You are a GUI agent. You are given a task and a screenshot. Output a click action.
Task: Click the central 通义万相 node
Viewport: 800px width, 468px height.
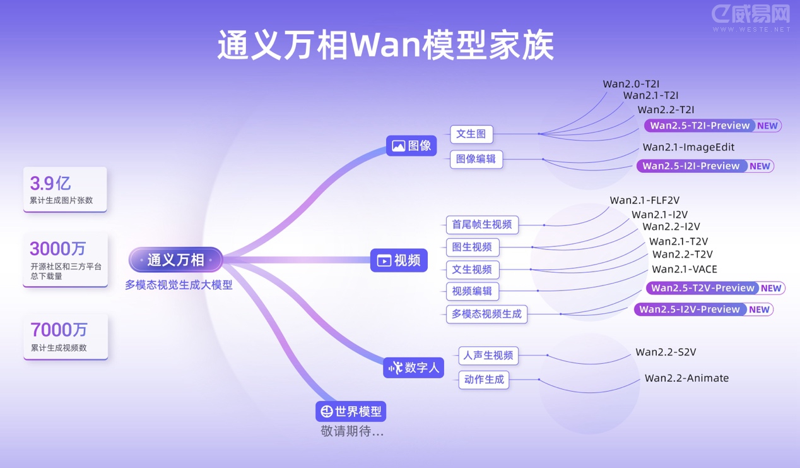tap(175, 260)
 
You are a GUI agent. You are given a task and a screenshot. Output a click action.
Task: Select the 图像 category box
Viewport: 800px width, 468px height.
tap(411, 146)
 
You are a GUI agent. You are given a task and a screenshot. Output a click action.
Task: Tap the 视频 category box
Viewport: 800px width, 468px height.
tap(399, 260)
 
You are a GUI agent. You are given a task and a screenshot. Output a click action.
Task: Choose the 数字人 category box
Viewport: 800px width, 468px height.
tap(414, 368)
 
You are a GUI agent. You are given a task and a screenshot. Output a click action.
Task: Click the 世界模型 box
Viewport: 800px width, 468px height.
tap(351, 411)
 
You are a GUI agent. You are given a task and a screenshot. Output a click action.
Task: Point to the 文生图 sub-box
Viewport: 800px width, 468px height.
tap(471, 134)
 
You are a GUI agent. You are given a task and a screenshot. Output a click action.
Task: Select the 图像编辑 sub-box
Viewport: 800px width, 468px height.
tap(476, 159)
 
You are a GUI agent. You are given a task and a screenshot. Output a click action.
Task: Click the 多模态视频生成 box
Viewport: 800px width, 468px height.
tap(486, 314)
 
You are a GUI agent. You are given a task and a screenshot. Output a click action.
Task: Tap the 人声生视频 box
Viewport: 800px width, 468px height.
tap(488, 356)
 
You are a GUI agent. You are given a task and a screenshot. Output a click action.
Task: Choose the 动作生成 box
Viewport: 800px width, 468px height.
tap(483, 380)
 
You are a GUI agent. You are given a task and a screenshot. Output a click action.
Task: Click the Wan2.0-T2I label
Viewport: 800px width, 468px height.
tap(631, 84)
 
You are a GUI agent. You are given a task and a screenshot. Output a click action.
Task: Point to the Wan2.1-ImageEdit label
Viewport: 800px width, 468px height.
tap(688, 147)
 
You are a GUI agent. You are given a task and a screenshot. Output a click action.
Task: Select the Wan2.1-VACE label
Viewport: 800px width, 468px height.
tap(685, 269)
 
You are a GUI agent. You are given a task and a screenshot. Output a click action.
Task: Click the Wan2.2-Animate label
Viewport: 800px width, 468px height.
tap(686, 378)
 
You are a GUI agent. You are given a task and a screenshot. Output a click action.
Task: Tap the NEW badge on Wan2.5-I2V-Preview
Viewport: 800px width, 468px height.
tap(759, 309)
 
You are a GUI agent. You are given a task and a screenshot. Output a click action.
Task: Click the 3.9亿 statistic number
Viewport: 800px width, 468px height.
tap(50, 184)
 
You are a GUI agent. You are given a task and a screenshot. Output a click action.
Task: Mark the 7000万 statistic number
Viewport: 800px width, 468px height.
tap(59, 330)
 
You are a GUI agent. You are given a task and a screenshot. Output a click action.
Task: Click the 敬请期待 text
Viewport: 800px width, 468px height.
tap(352, 432)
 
